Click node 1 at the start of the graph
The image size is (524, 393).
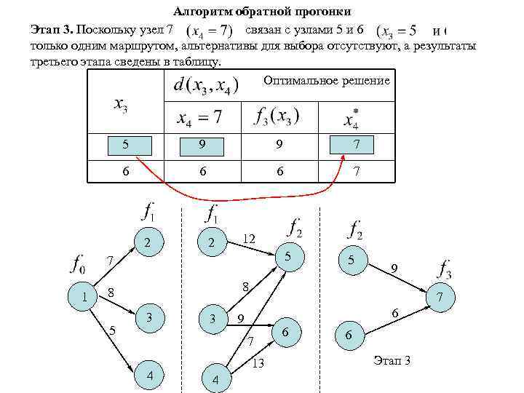tap(86, 296)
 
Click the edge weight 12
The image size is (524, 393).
tap(249, 239)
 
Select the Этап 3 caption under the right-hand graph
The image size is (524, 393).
tap(392, 360)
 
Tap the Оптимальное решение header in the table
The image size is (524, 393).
tap(327, 80)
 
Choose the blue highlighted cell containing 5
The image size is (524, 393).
tap(127, 146)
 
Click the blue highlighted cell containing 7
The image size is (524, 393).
tap(356, 146)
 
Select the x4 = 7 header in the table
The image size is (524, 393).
tap(196, 116)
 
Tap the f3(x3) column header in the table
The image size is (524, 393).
tap(277, 116)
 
